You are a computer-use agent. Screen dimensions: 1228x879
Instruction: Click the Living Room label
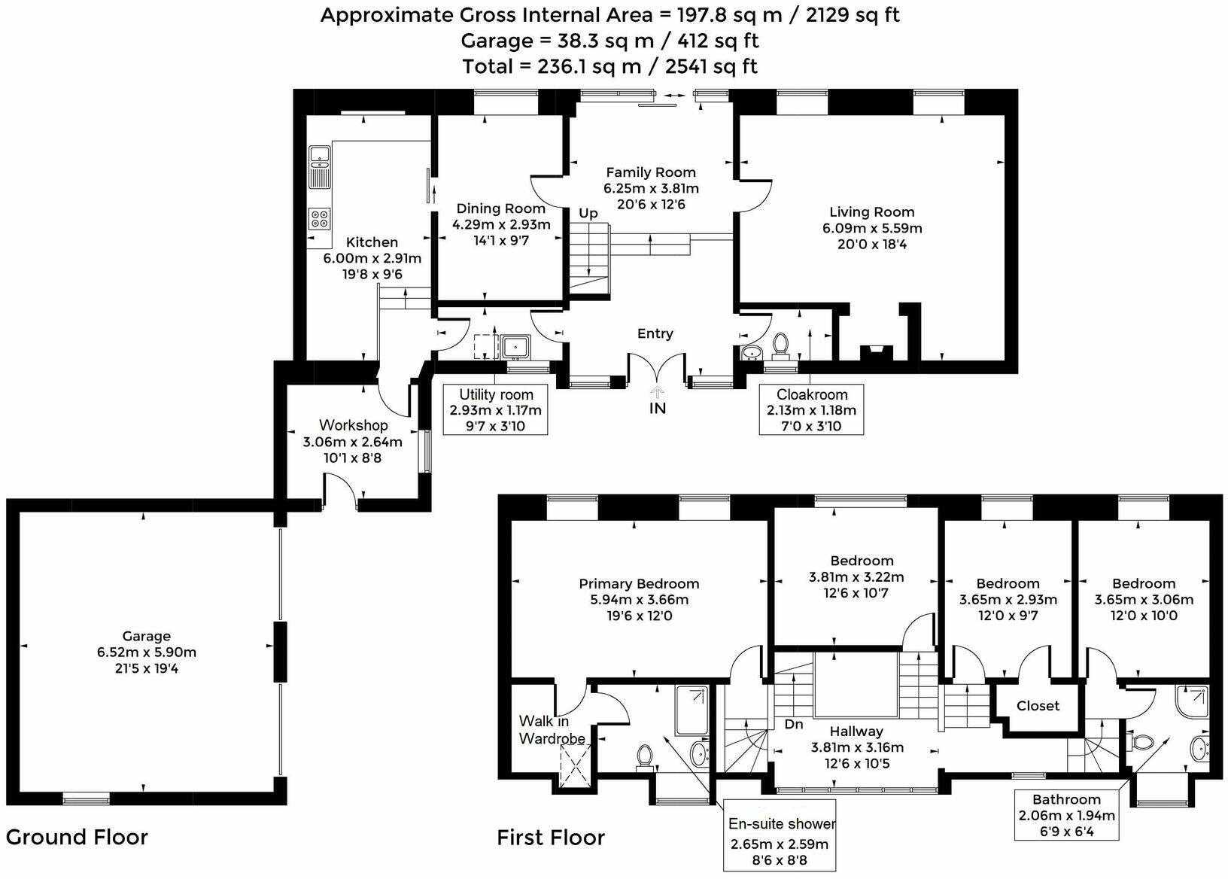(x=871, y=212)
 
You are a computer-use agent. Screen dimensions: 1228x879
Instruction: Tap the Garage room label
(x=146, y=636)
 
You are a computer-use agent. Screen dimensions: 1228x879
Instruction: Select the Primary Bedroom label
(x=639, y=583)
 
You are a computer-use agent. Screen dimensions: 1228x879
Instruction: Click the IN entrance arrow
(x=658, y=391)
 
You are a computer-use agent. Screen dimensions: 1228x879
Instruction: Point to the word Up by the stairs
(x=588, y=214)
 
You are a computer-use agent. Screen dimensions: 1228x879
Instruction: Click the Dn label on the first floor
(x=794, y=725)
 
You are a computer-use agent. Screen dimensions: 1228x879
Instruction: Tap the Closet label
(x=1038, y=706)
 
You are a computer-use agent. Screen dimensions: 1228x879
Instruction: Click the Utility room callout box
(x=496, y=410)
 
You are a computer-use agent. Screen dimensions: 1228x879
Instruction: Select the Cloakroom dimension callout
(x=811, y=410)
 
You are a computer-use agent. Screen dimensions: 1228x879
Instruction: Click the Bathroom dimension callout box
(x=1066, y=815)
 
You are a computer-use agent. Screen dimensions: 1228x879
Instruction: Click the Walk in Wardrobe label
(x=552, y=731)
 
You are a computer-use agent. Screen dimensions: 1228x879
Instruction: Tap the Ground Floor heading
(x=77, y=837)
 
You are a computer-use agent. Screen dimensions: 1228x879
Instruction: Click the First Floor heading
(x=551, y=838)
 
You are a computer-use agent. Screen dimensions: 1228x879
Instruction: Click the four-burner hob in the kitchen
(x=319, y=218)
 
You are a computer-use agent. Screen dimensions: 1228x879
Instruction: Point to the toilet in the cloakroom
(x=780, y=344)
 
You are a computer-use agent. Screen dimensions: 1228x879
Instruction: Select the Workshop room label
(x=353, y=425)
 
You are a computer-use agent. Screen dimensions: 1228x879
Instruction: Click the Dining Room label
(x=500, y=208)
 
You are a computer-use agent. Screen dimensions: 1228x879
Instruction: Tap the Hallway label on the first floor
(x=856, y=731)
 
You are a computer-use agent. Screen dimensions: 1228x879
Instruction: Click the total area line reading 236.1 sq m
(x=609, y=66)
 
